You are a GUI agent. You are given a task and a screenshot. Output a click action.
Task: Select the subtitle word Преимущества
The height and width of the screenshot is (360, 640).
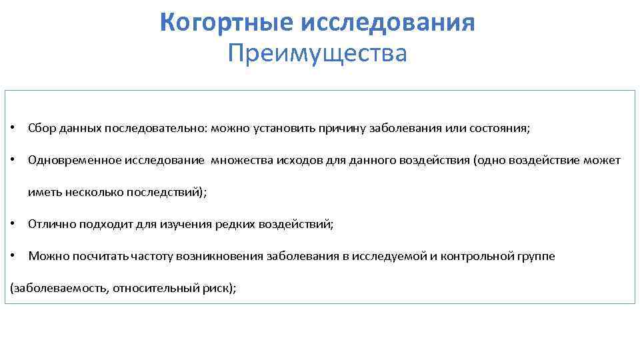317,53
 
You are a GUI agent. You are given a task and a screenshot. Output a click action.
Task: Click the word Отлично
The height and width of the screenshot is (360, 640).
51,224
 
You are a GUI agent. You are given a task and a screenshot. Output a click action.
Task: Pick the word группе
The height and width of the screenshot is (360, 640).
536,256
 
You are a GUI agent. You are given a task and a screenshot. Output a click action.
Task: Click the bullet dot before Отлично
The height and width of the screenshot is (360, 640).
14,224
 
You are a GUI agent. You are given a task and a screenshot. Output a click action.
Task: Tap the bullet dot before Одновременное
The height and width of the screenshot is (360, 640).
14,160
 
